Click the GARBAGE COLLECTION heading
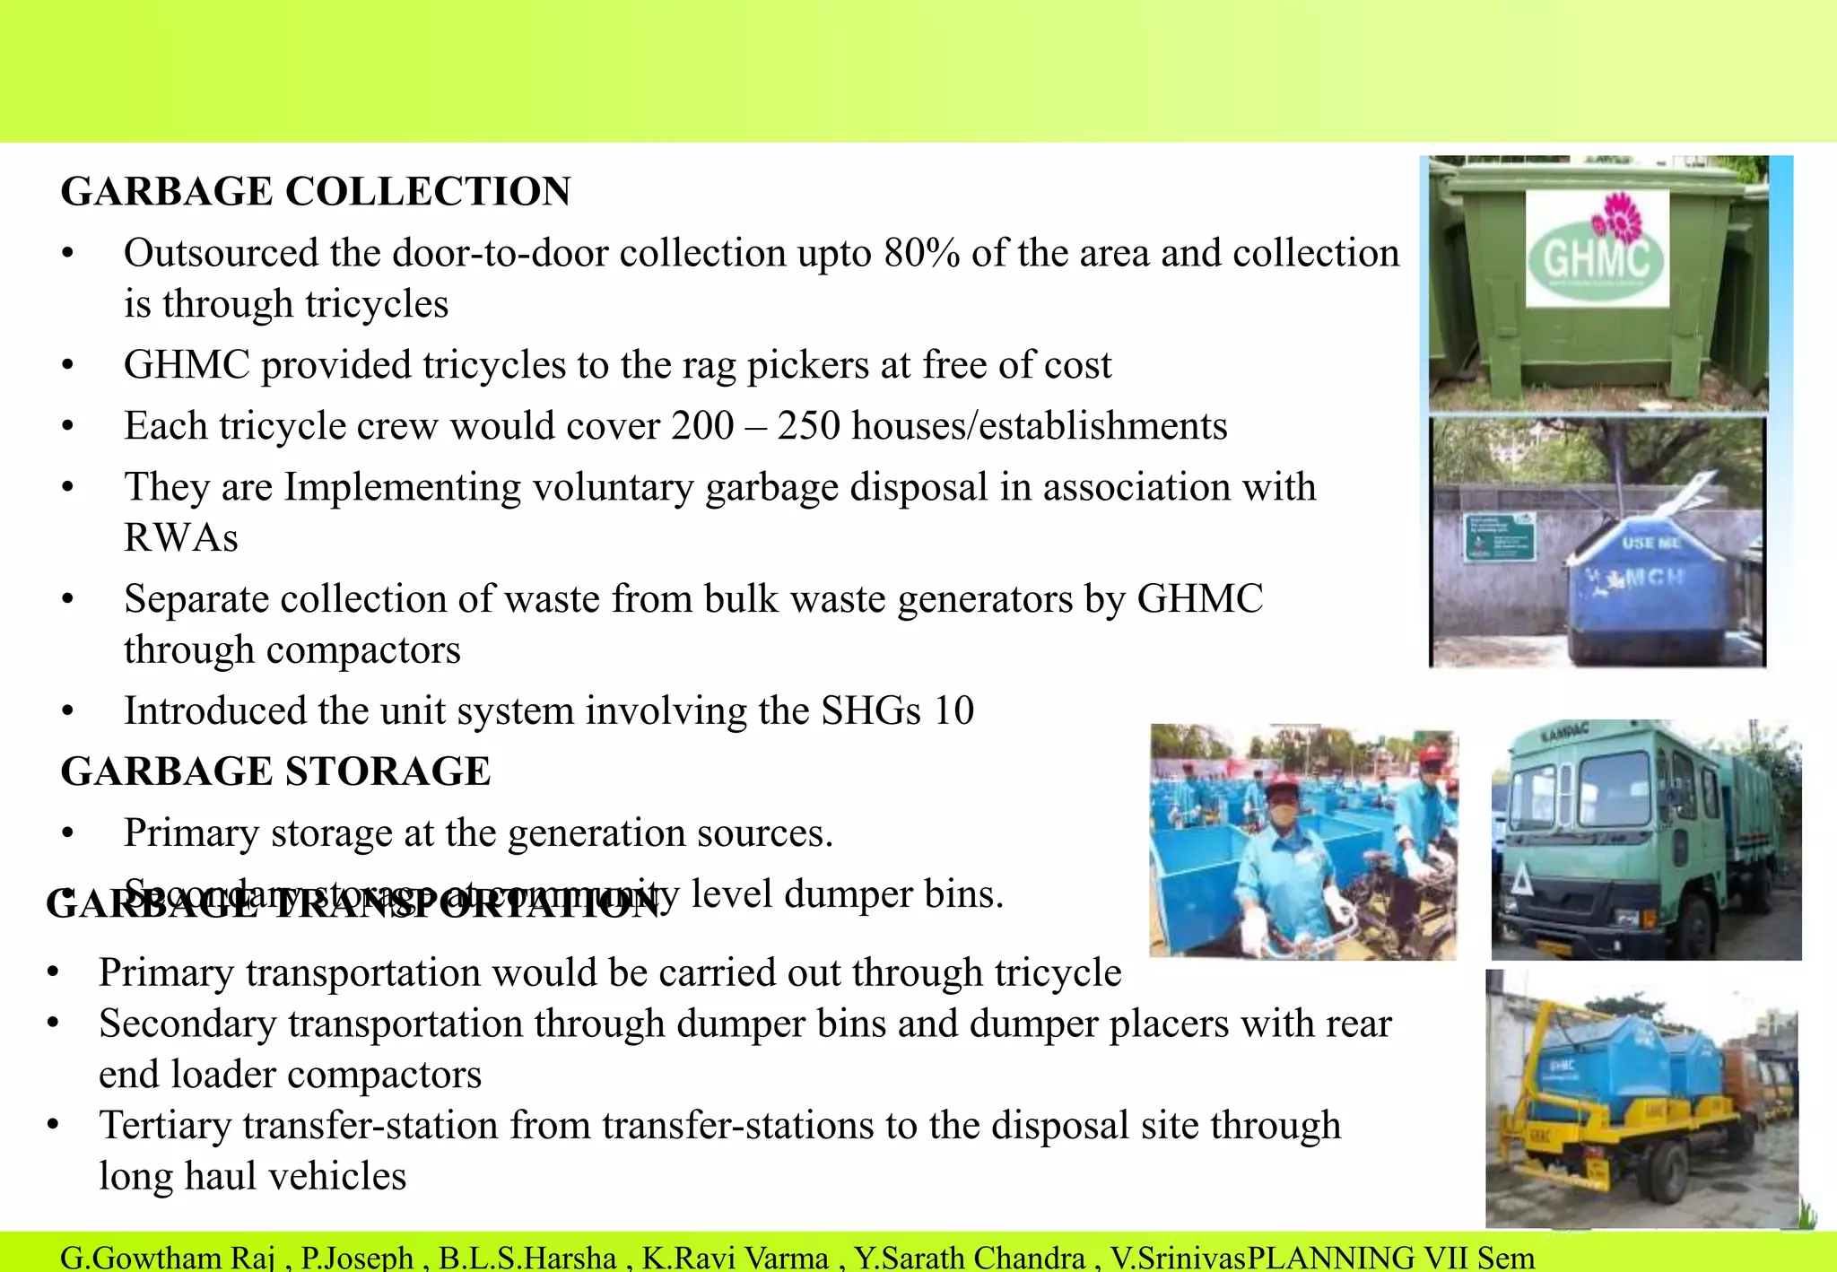coord(315,192)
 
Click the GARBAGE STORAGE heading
coord(275,771)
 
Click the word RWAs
coord(181,538)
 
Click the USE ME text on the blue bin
coord(1650,544)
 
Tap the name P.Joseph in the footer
coord(356,1258)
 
